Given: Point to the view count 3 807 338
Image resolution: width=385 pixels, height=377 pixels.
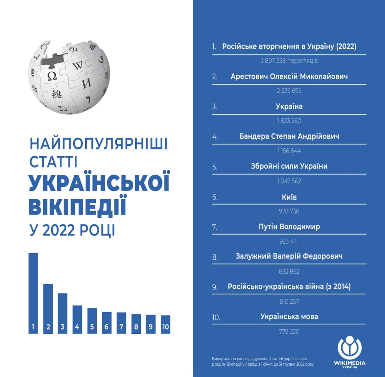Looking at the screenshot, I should (x=289, y=61).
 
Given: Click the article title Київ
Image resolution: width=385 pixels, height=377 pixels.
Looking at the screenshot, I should (x=289, y=197).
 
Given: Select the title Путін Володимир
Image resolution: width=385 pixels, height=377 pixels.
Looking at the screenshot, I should (x=289, y=227).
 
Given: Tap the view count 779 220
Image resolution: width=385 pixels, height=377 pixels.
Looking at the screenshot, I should (x=289, y=331).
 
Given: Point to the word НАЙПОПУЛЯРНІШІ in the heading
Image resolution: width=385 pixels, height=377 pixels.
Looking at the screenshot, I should (x=98, y=144).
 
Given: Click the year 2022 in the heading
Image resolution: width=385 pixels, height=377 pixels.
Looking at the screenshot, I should (x=58, y=230).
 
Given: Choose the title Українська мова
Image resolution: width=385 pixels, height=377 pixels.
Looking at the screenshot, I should (x=289, y=317).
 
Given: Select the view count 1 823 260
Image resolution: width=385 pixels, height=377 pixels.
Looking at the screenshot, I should (x=289, y=121).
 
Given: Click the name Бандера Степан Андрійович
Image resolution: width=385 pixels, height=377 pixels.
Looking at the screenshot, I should (x=289, y=136).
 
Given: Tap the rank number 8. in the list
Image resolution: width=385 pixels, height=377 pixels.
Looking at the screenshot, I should (x=215, y=257).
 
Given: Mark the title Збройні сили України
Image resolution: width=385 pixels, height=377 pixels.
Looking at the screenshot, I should (x=289, y=166).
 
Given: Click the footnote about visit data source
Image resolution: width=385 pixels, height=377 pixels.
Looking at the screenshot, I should (x=263, y=361).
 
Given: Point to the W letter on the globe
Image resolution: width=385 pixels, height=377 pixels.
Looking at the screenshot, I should (x=77, y=66).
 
